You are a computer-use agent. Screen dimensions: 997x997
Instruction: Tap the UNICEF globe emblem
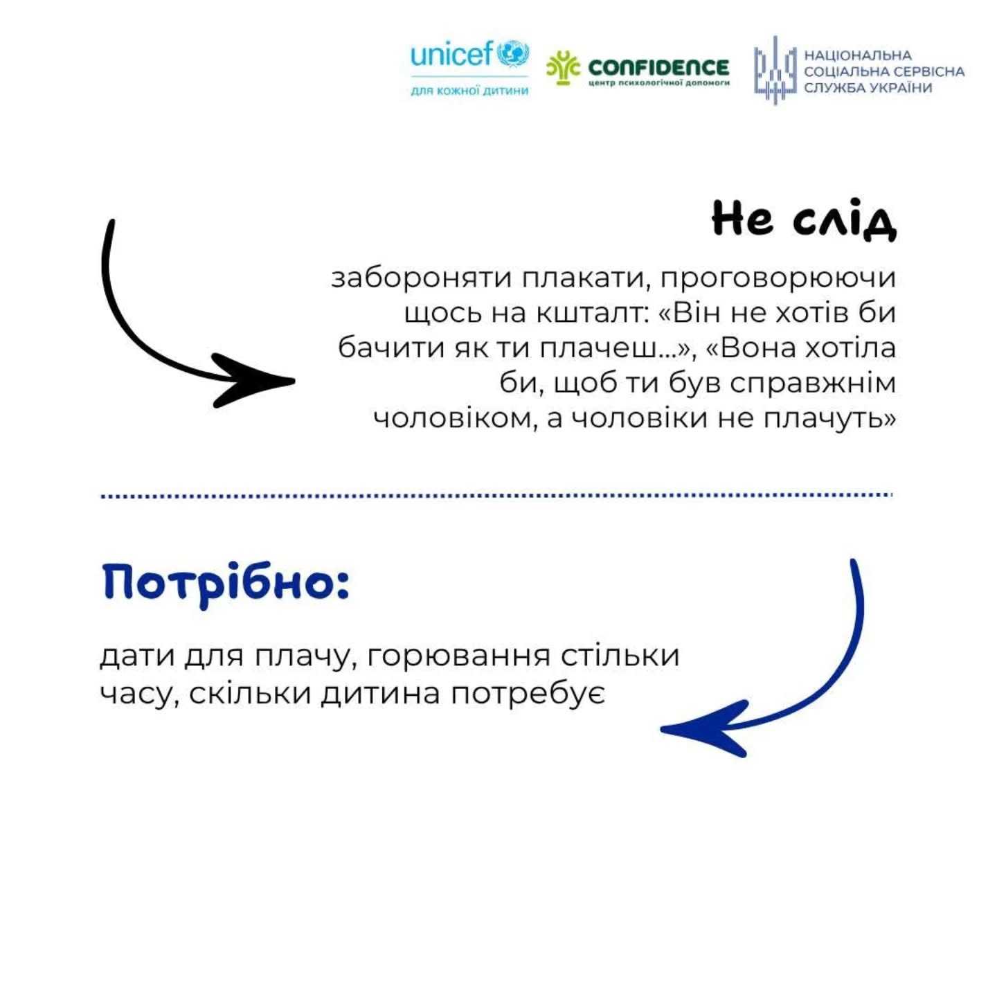pos(513,53)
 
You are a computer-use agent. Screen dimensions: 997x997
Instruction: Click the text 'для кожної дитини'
pos(469,91)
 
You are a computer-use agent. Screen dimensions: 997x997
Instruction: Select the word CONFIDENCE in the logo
pos(658,66)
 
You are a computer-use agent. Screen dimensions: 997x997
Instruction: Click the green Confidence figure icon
pos(562,67)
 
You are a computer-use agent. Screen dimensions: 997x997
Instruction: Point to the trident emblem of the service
pos(775,70)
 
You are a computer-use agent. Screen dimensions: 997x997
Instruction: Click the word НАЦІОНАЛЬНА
pos(857,55)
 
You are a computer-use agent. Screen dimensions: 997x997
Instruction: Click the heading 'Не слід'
pos(804,219)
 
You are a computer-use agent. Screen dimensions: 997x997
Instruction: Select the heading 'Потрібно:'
pos(226,583)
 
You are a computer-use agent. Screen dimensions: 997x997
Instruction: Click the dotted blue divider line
pos(496,496)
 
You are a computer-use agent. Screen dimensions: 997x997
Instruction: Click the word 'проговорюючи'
pos(778,278)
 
